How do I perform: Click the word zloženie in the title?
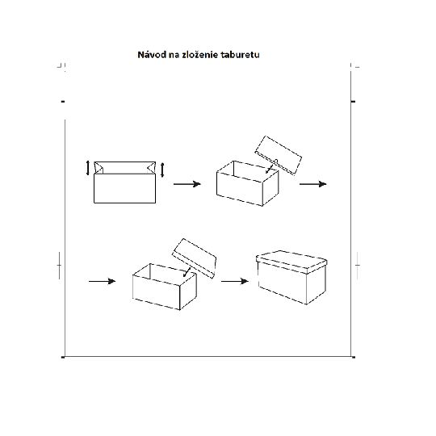coord(200,55)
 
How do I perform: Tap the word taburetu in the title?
coord(241,55)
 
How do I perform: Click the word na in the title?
coord(174,56)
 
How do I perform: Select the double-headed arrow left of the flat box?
coord(88,168)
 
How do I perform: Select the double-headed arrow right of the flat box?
coord(162,170)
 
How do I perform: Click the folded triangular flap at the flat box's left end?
coord(99,168)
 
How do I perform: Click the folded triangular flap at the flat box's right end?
coord(151,168)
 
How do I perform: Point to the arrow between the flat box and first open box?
coord(187,184)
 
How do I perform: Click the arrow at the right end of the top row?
coord(313,184)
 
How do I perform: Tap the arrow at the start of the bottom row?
coord(102,282)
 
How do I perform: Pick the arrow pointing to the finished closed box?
coord(235,282)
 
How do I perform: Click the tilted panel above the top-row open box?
coord(279,155)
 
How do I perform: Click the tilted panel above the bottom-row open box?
coord(195,258)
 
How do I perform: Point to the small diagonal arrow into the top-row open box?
coord(270,168)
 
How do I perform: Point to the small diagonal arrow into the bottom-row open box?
coord(187,271)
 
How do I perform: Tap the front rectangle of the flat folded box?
coord(125,188)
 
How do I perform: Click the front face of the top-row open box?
coord(240,189)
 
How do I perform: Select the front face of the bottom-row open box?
coord(157,292)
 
